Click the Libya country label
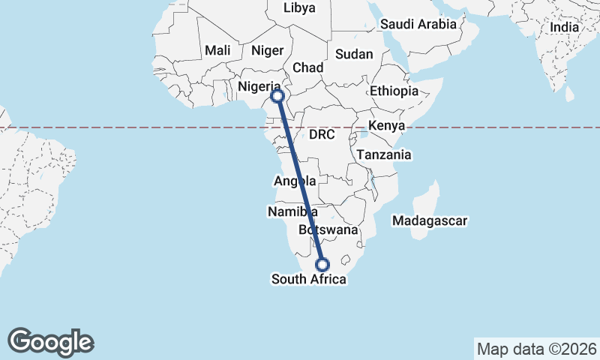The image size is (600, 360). pyautogui.click(x=300, y=8)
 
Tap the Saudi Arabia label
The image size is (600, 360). pyautogui.click(x=418, y=24)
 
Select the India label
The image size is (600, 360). pyautogui.click(x=564, y=27)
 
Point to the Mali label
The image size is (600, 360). pyautogui.click(x=217, y=50)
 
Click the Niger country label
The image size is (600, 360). pyautogui.click(x=268, y=50)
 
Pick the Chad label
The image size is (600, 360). pyautogui.click(x=307, y=67)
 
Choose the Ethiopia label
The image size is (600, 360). pyautogui.click(x=394, y=91)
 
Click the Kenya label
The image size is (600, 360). pyautogui.click(x=387, y=124)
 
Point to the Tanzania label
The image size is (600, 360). pyautogui.click(x=384, y=155)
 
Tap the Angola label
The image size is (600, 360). pyautogui.click(x=295, y=181)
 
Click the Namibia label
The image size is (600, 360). pyautogui.click(x=287, y=212)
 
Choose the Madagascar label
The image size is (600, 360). pyautogui.click(x=430, y=221)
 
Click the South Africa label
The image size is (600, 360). pyautogui.click(x=309, y=280)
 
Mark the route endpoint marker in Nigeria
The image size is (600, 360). pyautogui.click(x=277, y=96)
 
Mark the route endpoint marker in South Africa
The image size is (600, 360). pyautogui.click(x=322, y=265)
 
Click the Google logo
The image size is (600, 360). pyautogui.click(x=51, y=341)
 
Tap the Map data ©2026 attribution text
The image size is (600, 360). pyautogui.click(x=536, y=349)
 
